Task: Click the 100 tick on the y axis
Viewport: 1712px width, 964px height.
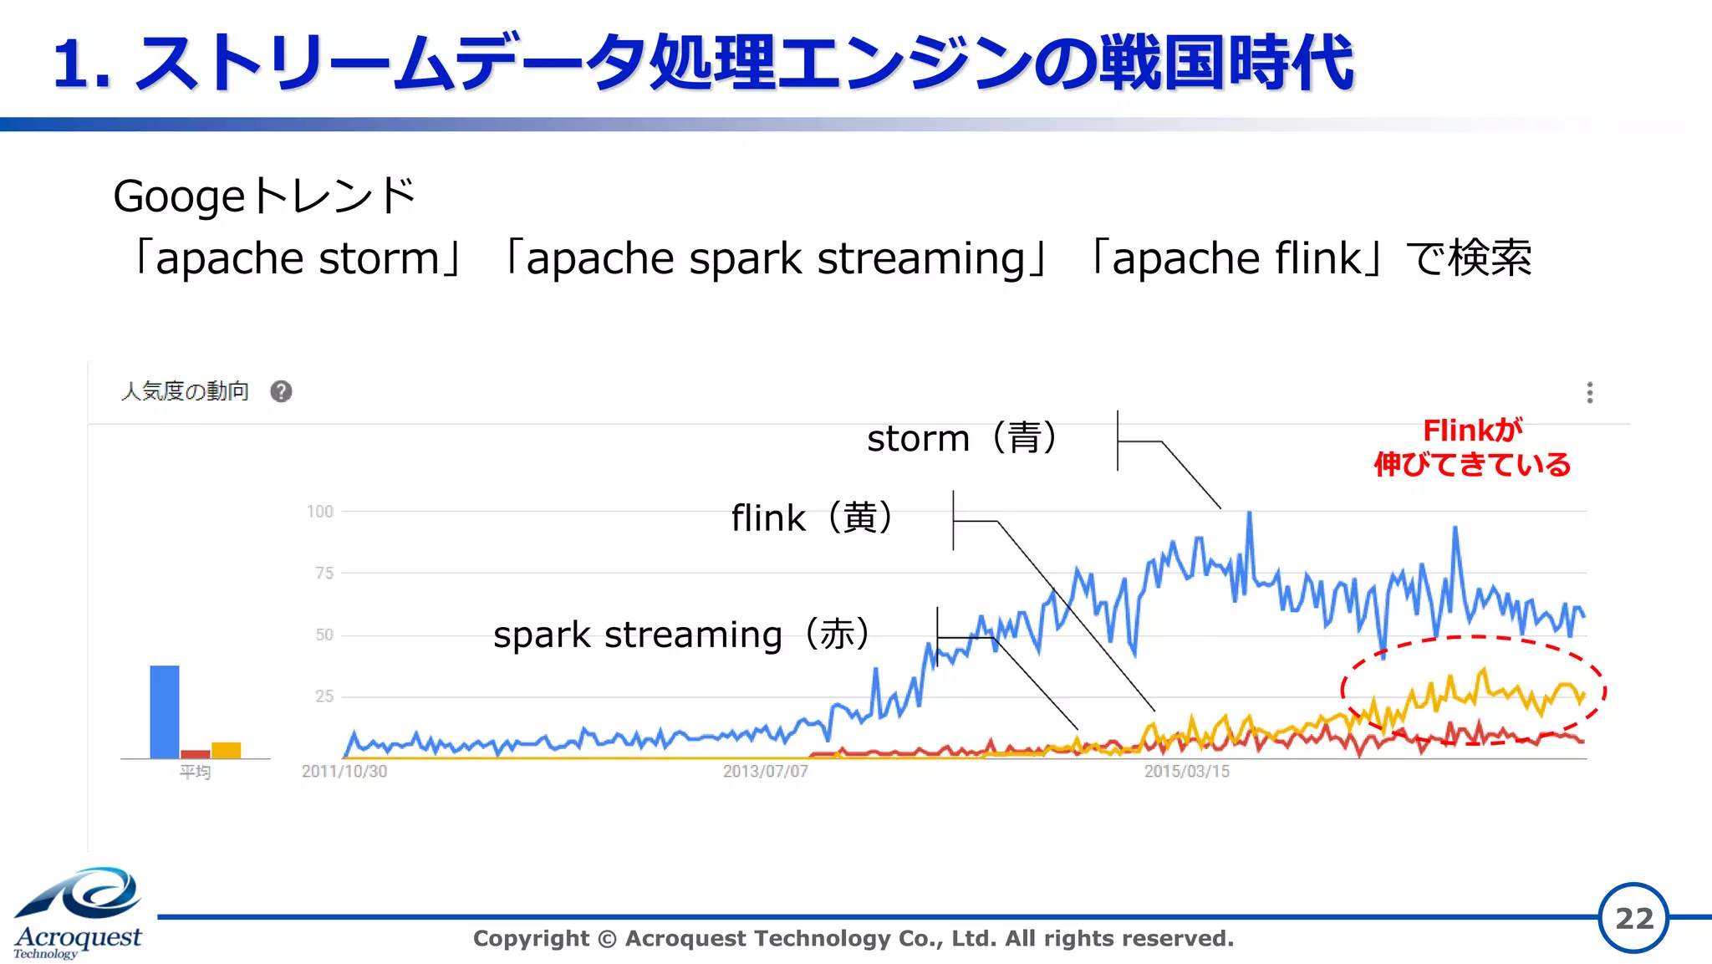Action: click(320, 512)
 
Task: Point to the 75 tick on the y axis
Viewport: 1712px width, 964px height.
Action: click(324, 574)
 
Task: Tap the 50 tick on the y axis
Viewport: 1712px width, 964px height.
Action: click(324, 635)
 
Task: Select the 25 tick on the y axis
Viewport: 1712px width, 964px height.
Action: click(324, 696)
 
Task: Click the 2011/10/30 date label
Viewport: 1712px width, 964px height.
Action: click(344, 772)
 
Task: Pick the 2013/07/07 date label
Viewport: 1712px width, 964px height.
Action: click(766, 772)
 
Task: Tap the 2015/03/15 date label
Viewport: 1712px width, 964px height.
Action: click(1187, 772)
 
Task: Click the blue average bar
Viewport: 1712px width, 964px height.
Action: click(165, 712)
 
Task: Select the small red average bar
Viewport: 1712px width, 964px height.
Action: click(196, 754)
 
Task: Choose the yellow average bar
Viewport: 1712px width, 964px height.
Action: click(226, 750)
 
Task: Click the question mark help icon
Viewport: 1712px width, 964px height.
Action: click(281, 391)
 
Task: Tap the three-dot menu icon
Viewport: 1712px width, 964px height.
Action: click(1589, 392)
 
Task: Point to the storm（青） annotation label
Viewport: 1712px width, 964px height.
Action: click(962, 438)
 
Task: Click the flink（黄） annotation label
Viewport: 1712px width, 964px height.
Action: click(812, 518)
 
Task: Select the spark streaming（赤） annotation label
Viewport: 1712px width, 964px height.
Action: click(681, 635)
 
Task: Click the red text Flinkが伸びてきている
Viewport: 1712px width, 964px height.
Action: click(1472, 447)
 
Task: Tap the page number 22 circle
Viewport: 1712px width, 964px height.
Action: click(1633, 918)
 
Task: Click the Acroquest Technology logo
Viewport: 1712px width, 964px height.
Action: click(78, 913)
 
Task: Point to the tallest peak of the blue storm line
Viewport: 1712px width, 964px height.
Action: click(1250, 513)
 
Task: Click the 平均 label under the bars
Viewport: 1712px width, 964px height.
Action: click(195, 772)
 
